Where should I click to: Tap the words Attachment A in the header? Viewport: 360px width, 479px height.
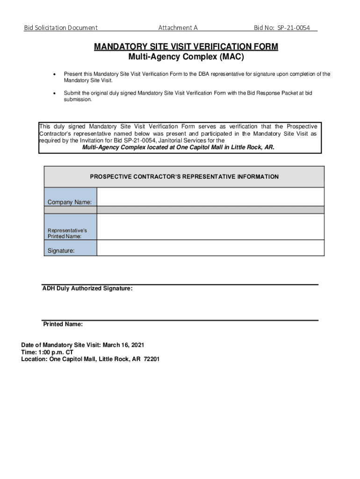click(x=178, y=28)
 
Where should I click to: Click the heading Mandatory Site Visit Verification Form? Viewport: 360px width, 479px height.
click(x=186, y=47)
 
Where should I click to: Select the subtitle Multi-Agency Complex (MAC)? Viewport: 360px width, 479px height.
click(x=186, y=58)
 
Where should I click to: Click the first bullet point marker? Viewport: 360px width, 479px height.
click(x=56, y=74)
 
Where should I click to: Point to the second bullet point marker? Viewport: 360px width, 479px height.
click(x=56, y=93)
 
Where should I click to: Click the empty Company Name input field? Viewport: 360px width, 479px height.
click(x=210, y=196)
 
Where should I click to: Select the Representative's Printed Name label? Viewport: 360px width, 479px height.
click(x=67, y=233)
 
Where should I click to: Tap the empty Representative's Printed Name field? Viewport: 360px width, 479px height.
click(x=210, y=227)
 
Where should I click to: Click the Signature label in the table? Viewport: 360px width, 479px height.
click(x=61, y=251)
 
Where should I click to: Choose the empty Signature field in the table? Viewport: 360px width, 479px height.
click(x=210, y=248)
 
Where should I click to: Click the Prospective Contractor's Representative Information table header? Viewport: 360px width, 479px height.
click(x=184, y=177)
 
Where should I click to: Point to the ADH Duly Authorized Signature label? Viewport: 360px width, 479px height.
click(x=87, y=289)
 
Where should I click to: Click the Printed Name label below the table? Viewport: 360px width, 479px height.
click(x=63, y=324)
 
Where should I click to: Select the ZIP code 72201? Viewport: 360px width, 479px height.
click(x=151, y=360)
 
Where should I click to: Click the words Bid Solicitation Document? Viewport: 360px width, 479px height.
click(x=61, y=28)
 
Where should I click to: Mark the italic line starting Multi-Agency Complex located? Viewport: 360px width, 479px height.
click(x=179, y=147)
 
